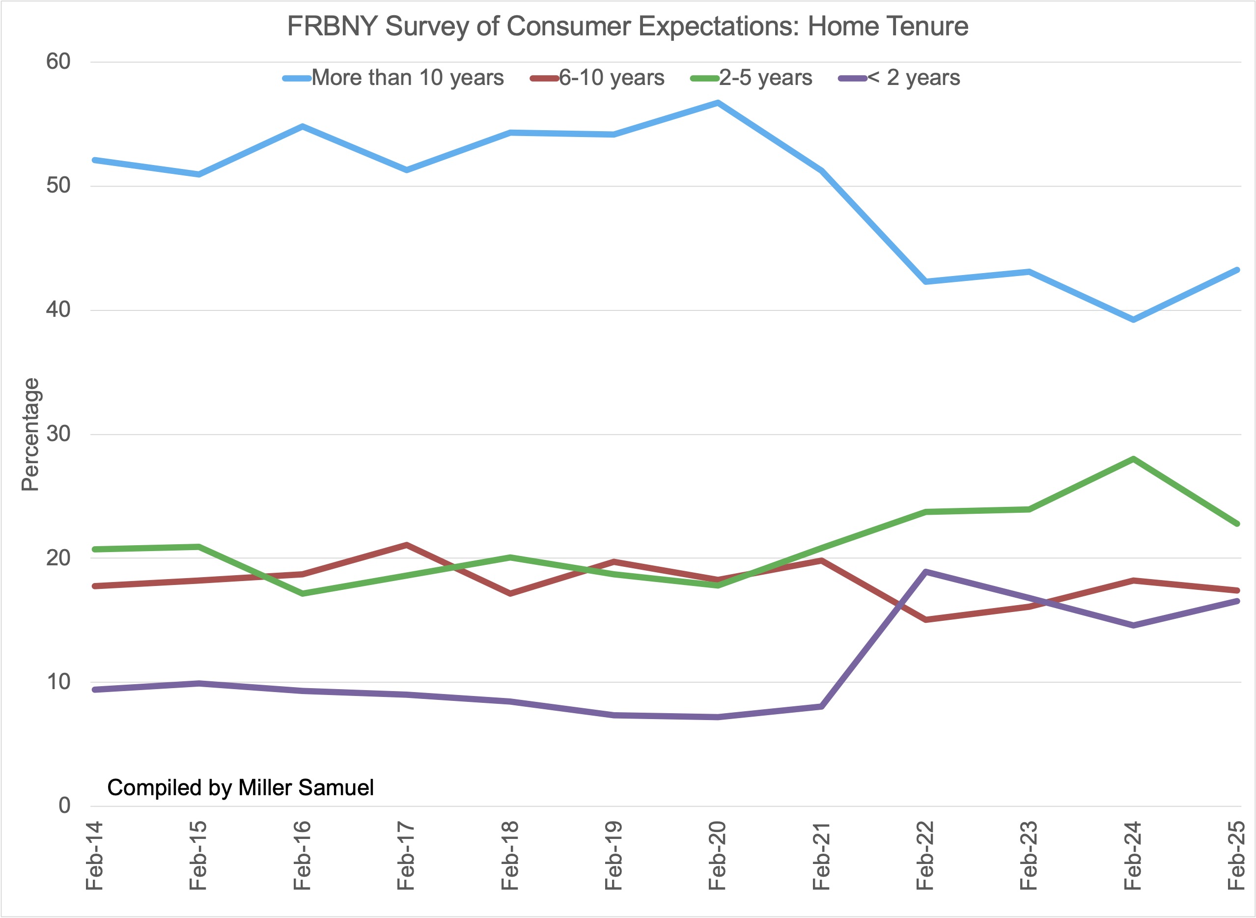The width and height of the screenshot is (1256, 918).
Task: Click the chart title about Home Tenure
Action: click(627, 26)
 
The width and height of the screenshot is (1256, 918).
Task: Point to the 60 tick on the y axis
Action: click(58, 62)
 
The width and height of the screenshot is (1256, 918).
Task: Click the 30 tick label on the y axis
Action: click(58, 434)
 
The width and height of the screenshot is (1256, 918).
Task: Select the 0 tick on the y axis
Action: click(64, 805)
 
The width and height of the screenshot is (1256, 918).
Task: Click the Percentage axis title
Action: click(30, 435)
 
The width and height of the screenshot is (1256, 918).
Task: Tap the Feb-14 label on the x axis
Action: click(95, 855)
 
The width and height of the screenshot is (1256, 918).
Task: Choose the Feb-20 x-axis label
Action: click(718, 855)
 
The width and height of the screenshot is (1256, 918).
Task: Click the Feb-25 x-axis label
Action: click(1236, 855)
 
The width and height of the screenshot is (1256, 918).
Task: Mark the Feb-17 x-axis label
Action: click(406, 855)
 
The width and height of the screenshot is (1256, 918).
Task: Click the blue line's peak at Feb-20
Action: click(718, 103)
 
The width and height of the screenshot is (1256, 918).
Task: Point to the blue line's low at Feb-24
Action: click(1133, 320)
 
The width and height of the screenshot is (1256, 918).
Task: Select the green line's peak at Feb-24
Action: click(1133, 459)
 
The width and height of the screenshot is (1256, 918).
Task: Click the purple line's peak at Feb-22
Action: click(925, 572)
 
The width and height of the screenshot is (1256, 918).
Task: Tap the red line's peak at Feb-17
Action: click(406, 545)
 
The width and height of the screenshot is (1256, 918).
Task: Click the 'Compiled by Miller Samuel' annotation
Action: click(240, 787)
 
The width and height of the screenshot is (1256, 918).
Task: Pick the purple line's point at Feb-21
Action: click(821, 706)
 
